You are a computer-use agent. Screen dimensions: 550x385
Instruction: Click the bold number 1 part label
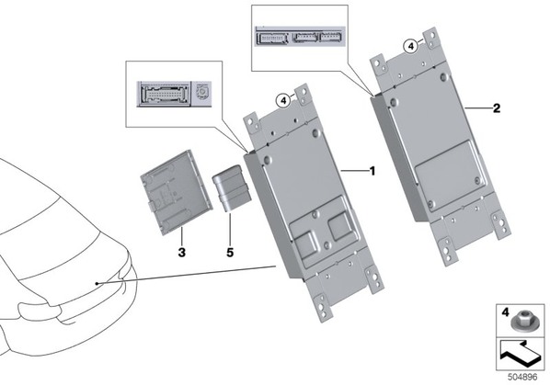pyautogui.click(x=372, y=171)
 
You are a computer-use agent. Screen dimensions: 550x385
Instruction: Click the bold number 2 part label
pyautogui.click(x=497, y=108)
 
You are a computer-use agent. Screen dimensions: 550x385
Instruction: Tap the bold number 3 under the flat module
pyautogui.click(x=182, y=252)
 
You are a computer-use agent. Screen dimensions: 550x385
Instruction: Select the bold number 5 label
pyautogui.click(x=230, y=253)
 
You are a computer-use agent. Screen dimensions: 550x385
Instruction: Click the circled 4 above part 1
pyautogui.click(x=282, y=101)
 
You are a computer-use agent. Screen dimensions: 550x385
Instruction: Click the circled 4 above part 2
pyautogui.click(x=410, y=46)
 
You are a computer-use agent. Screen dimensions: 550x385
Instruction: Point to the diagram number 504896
pyautogui.click(x=522, y=377)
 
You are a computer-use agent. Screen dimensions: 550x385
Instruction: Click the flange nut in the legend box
pyautogui.click(x=521, y=323)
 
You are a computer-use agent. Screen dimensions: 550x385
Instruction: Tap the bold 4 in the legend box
pyautogui.click(x=505, y=311)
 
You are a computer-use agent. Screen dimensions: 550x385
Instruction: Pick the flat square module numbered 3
pyautogui.click(x=176, y=192)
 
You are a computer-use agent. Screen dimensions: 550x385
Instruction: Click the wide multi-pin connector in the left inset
pyautogui.click(x=164, y=94)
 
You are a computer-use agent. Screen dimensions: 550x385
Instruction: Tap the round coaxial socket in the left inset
pyautogui.click(x=201, y=92)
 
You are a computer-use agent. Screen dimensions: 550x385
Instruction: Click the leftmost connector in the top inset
pyautogui.click(x=272, y=38)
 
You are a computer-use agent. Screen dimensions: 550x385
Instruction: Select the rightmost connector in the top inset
pyautogui.click(x=331, y=37)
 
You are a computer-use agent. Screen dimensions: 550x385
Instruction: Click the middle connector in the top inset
pyautogui.click(x=306, y=37)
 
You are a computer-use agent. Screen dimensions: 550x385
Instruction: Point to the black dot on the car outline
pyautogui.click(x=97, y=283)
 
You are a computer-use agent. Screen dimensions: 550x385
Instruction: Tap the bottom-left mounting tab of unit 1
pyautogui.click(x=322, y=307)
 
